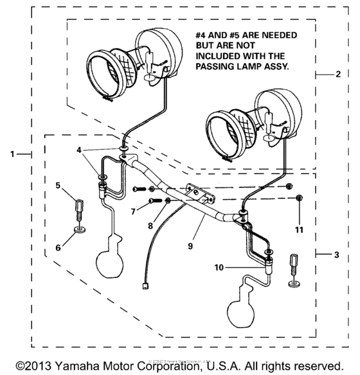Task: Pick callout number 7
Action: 132,210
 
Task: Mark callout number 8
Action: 151,225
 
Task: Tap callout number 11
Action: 298,229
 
